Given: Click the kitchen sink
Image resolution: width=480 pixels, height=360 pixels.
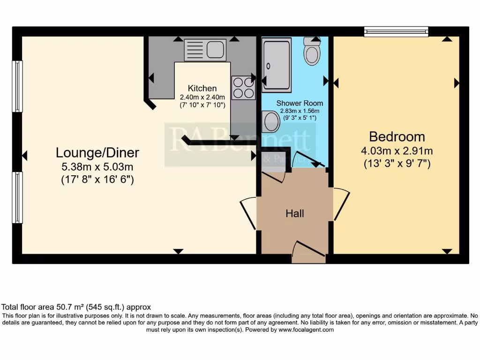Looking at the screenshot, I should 205,49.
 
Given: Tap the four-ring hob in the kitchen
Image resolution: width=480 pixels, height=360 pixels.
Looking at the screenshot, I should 243,88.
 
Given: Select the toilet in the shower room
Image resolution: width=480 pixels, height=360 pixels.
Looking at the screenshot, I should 312,52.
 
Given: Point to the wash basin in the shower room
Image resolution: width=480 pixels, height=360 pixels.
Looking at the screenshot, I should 271,121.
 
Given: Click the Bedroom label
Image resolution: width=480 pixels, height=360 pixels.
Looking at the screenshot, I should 397,137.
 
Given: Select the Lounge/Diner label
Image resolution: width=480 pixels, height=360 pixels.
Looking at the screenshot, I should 97,152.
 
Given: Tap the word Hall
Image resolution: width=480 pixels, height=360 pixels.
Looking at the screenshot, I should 295,214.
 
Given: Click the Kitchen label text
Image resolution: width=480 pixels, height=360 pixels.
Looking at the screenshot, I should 202,88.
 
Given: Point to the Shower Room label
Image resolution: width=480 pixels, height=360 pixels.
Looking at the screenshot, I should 299,103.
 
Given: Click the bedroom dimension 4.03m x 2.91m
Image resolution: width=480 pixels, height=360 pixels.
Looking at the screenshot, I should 397,151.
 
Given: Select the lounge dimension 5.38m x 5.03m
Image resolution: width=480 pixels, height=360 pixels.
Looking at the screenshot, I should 97,166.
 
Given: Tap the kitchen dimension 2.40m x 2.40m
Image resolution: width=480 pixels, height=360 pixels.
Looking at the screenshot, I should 202,97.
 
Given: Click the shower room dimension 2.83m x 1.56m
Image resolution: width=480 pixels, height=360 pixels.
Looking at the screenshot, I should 299,111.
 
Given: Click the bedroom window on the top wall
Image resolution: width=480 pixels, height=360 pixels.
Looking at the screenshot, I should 397,31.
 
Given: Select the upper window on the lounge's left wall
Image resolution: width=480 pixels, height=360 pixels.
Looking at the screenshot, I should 17,86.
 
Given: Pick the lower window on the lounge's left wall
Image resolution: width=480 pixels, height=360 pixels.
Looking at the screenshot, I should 17,197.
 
